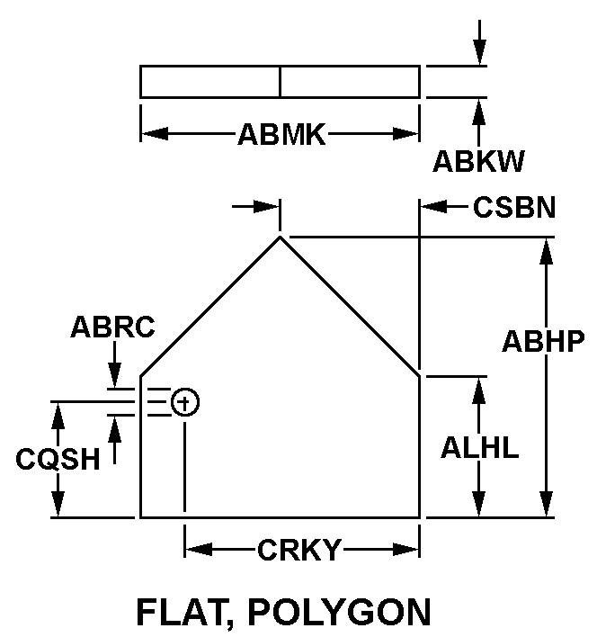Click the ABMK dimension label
pos(281,135)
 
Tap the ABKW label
pos(478,161)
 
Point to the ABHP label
pos(544,341)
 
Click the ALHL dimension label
pos(479,447)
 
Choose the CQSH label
pos(58,459)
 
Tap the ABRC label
pos(112,327)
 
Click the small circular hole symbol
pos(184,402)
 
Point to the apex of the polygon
pos(281,237)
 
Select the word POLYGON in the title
pos(344,612)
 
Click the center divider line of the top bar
pos(280,81)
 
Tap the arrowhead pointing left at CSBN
pos(432,207)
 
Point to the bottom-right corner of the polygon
pos(420,517)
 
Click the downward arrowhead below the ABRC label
pos(114,378)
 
